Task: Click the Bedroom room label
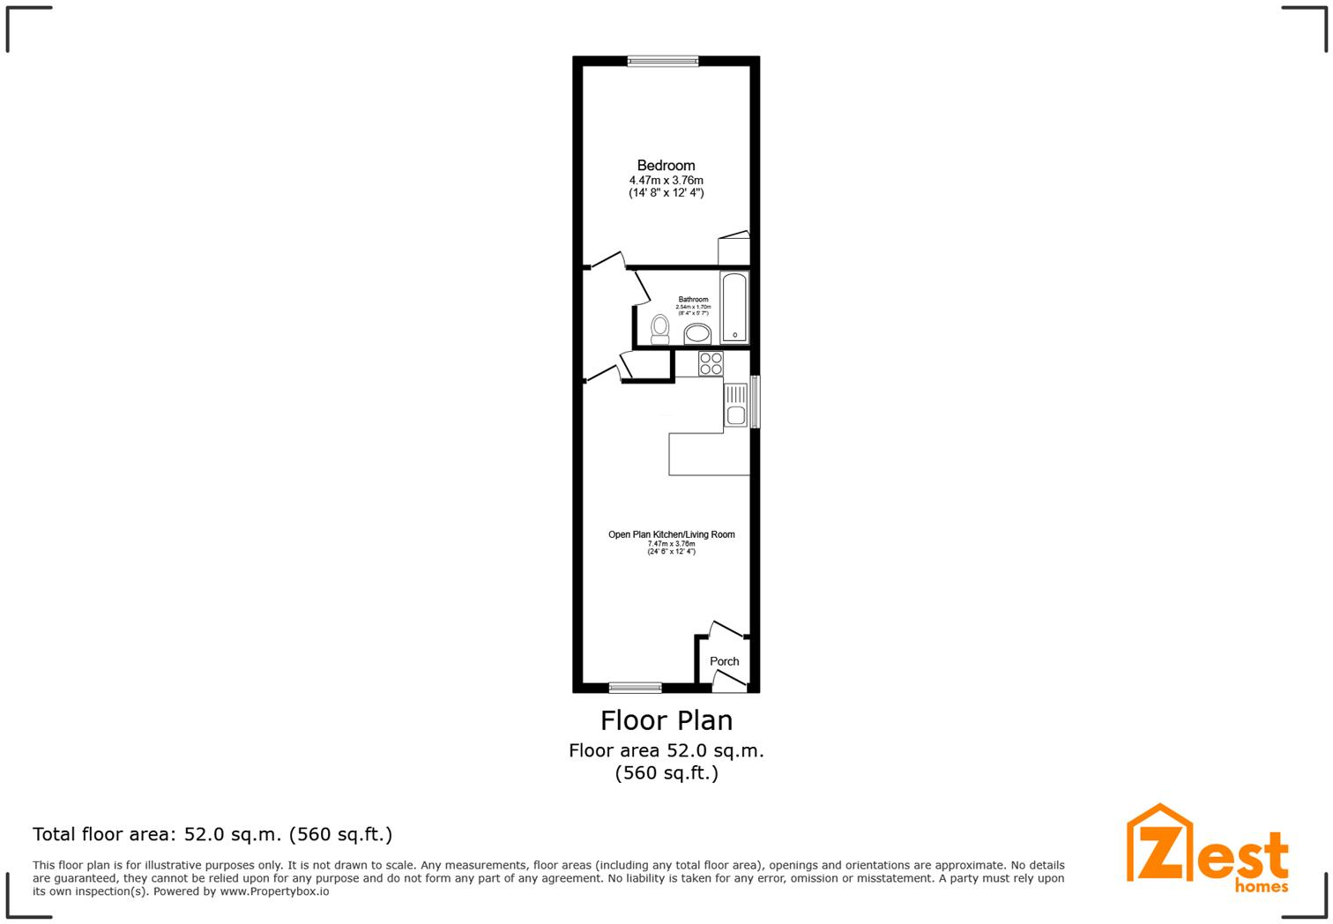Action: point(666,165)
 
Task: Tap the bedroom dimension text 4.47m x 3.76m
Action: point(666,180)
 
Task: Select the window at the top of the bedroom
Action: point(663,61)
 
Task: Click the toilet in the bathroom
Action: point(659,329)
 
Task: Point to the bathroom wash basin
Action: point(697,334)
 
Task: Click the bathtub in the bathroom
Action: point(734,308)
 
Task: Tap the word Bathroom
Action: point(693,300)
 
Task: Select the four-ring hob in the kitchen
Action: point(711,363)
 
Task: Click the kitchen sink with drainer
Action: point(735,405)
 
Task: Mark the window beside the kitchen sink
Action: point(755,402)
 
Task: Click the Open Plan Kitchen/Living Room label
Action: point(671,534)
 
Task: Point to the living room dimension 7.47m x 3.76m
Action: point(671,544)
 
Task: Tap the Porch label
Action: point(724,661)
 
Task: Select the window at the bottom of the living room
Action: point(635,688)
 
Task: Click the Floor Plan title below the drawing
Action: point(666,720)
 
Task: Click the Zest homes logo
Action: point(1207,848)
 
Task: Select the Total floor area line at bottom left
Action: point(212,834)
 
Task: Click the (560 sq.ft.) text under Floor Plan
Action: point(666,773)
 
